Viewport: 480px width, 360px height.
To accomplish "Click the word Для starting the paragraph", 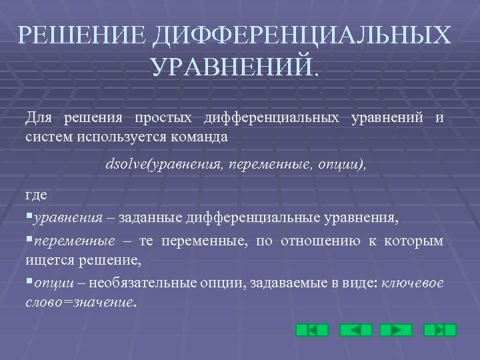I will pyautogui.click(x=39, y=118).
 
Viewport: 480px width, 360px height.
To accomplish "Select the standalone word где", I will pyautogui.click(x=37, y=194).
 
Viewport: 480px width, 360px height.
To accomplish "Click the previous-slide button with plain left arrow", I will pyautogui.click(x=355, y=330).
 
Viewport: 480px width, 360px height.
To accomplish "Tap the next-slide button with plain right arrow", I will pyautogui.click(x=396, y=330).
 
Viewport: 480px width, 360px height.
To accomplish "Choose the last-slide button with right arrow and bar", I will pyautogui.click(x=440, y=330).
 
